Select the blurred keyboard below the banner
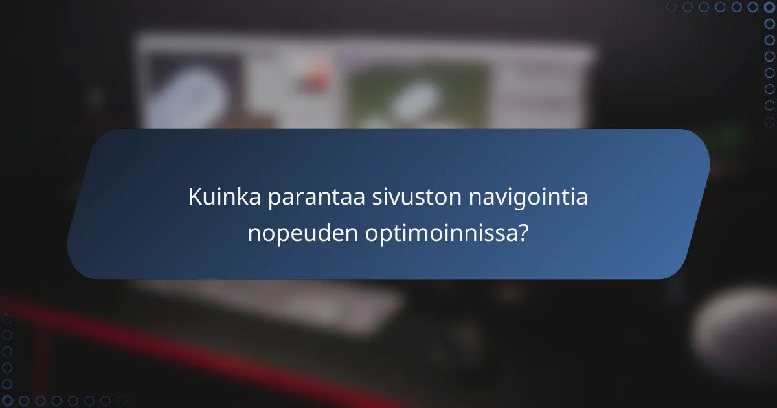pos(272,304)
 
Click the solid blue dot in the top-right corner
pos(769,7)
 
